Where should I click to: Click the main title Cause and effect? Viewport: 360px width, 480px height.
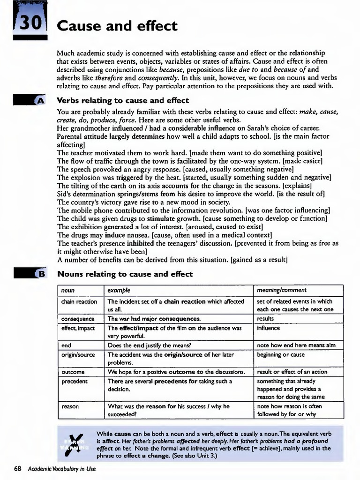click(x=117, y=26)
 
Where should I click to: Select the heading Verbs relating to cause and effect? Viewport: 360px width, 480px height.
click(x=122, y=100)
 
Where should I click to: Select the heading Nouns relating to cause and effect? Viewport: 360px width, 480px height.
click(x=125, y=274)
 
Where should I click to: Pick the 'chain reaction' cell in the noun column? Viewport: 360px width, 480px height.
click(x=79, y=301)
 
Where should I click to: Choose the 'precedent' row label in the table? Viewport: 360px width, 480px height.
click(x=75, y=381)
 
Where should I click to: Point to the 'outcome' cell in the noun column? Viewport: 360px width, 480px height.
click(x=73, y=372)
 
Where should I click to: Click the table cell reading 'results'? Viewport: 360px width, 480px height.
click(x=265, y=319)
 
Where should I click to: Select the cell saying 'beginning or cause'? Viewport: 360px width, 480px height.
click(x=281, y=354)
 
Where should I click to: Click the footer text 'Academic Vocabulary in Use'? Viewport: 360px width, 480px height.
click(x=61, y=469)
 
